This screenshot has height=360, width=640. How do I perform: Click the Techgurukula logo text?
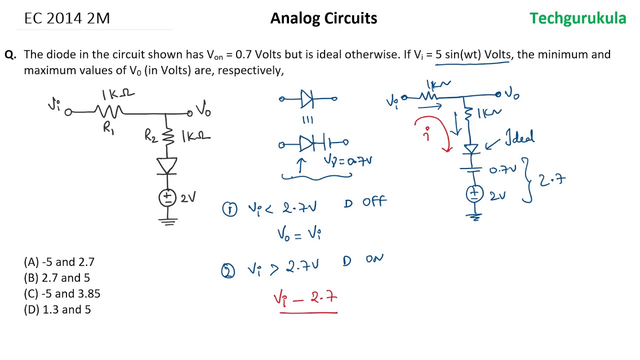pos(577,18)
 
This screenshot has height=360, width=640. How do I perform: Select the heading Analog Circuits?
pos(323,18)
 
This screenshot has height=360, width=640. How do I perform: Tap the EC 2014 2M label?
pos(67,18)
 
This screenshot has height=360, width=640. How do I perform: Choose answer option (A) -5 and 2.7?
pos(59,262)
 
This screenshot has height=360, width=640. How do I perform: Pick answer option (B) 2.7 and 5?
pos(57,278)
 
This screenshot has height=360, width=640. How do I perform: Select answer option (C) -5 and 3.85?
pos(62,294)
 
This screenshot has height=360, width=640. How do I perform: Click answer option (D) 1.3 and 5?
pos(57,310)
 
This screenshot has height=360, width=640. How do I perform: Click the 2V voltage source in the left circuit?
pos(167,197)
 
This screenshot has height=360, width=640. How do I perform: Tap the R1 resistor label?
pos(108,128)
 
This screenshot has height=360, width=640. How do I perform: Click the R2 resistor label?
pos(150,135)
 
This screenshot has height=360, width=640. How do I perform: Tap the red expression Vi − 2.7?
pos(306,298)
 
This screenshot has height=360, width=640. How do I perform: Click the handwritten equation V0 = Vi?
pos(299,234)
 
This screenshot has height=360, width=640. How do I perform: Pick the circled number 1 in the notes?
pos(229,209)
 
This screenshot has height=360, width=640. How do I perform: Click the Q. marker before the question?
pos(10,55)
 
